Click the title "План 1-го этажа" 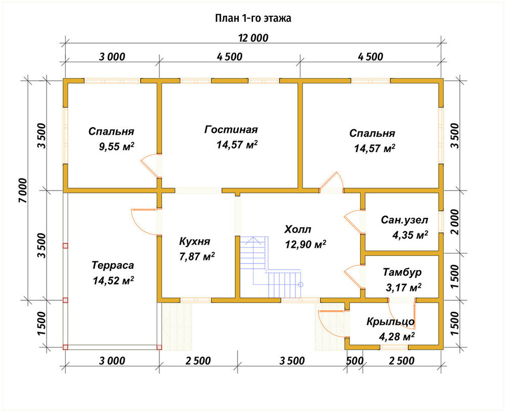point(253,18)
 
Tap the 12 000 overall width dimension point(254,38)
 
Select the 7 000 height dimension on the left point(23,191)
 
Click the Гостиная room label point(231,130)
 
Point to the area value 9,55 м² point(116,146)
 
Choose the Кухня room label point(195,241)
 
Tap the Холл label point(298,230)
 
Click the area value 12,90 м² point(305,244)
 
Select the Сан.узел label point(404,220)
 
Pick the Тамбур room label point(402,272)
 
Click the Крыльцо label point(391,322)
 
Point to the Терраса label point(113,266)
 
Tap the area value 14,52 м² point(113,280)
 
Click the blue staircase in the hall point(270,267)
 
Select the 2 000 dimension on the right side point(454,222)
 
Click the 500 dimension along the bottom point(355,361)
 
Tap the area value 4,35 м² point(410,235)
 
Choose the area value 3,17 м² point(403,287)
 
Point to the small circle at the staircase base point(301,285)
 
